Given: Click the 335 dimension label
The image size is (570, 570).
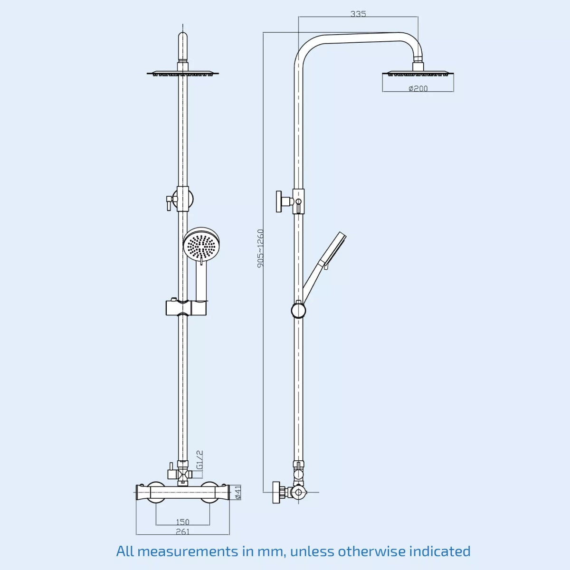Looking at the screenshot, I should (x=358, y=14).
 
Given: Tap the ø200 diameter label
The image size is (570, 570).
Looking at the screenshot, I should (x=418, y=88).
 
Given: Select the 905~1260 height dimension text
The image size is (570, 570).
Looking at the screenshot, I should (x=260, y=248).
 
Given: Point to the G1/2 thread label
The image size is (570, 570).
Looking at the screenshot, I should (x=200, y=460).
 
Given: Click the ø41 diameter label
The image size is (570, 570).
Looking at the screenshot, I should (x=238, y=492).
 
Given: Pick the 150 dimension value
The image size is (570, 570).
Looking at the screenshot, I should (x=183, y=522).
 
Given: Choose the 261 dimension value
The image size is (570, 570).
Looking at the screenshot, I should (x=183, y=532).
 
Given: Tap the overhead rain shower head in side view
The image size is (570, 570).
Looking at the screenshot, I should (x=418, y=74).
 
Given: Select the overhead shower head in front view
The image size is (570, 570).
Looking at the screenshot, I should (x=183, y=74).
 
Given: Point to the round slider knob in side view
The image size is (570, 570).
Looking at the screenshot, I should (x=298, y=311).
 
